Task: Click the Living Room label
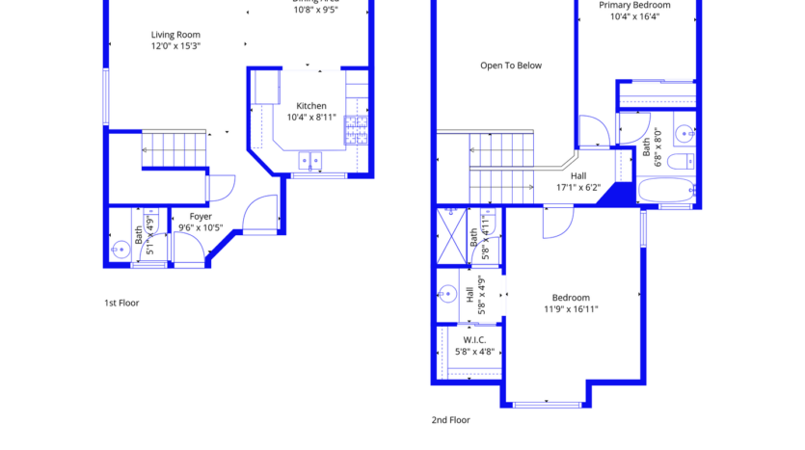[175, 35]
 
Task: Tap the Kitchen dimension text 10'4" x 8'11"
[311, 118]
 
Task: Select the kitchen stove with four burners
[356, 129]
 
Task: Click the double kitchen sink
[309, 161]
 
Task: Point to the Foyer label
[201, 217]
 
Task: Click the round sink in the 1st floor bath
[119, 249]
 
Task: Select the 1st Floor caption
[121, 303]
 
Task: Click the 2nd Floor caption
[451, 420]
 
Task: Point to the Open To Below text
[511, 66]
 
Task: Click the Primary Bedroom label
[634, 5]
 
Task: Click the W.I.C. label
[473, 339]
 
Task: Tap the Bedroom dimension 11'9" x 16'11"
[571, 309]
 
